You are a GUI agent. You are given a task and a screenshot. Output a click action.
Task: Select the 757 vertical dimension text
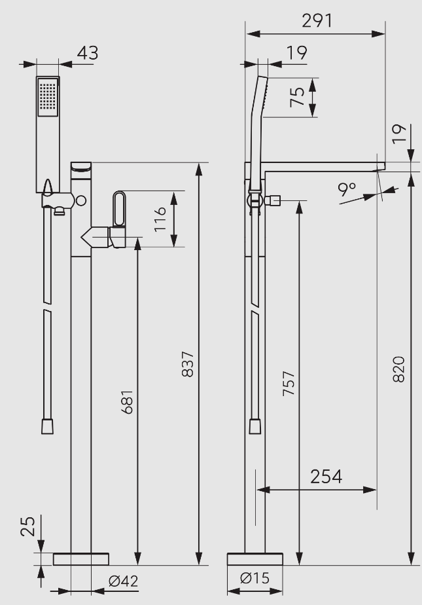(289, 386)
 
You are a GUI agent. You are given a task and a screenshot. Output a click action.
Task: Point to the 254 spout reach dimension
(326, 476)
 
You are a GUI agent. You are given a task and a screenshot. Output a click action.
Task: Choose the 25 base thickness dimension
(26, 525)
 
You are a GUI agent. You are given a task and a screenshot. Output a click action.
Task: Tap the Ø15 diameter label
(255, 579)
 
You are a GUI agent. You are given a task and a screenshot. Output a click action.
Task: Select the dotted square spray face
(48, 98)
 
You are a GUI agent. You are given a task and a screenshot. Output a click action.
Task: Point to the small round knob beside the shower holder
(80, 201)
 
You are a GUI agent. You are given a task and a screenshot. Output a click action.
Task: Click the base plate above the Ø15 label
(255, 559)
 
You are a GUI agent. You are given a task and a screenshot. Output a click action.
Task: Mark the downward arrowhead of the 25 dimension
(41, 547)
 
